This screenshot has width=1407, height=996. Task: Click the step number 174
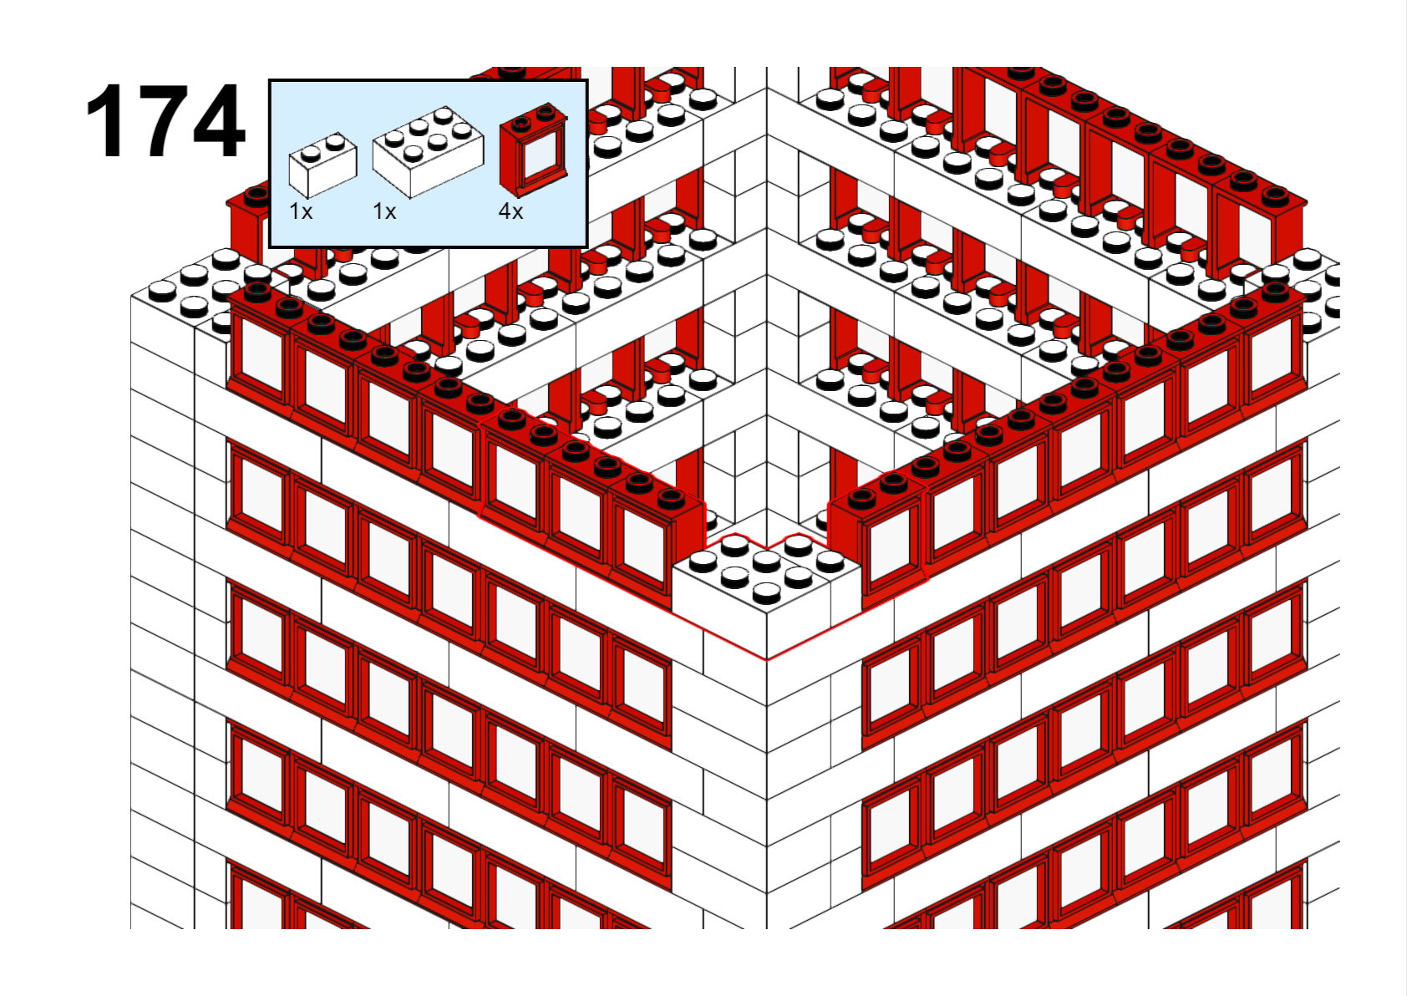(165, 120)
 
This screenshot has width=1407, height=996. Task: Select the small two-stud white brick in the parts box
(323, 165)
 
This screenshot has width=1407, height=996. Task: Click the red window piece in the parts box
(533, 150)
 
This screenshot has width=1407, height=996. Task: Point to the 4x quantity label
(510, 211)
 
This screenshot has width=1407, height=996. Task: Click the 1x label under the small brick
(300, 211)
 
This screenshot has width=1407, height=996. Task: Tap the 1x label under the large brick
(384, 211)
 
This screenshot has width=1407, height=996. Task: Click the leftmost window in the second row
(259, 496)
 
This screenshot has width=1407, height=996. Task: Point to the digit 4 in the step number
(219, 120)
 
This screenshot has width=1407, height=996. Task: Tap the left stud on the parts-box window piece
(521, 123)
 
